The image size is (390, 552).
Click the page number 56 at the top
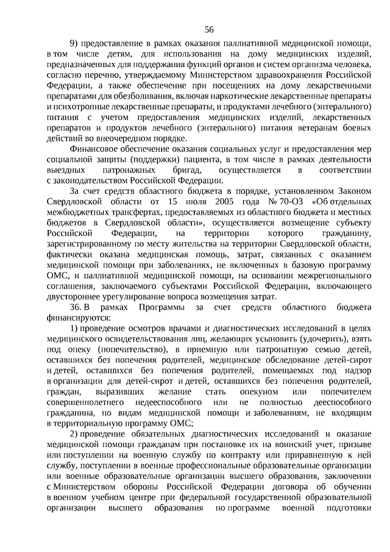pyautogui.click(x=209, y=30)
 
